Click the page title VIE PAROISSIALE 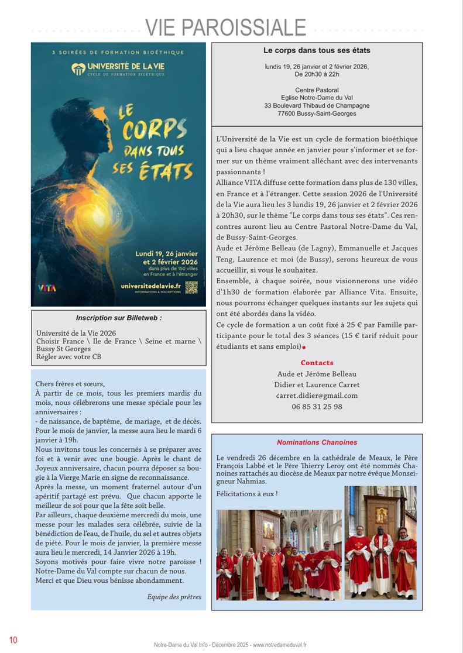[x=225, y=28]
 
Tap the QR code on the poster [x=191, y=287]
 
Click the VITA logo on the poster [x=47, y=288]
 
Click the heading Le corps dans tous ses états [x=317, y=51]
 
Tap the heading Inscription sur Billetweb [x=119, y=318]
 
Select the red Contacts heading [x=317, y=363]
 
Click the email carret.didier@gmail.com [x=317, y=396]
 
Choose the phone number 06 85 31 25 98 [x=317, y=407]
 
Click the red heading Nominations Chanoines [x=317, y=442]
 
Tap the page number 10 [x=13, y=640]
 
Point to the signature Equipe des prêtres [x=174, y=597]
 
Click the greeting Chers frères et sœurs [x=70, y=384]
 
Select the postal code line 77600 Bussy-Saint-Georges [x=317, y=114]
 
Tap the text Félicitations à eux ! [x=246, y=494]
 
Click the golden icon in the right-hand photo [x=381, y=514]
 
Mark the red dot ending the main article [x=304, y=348]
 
